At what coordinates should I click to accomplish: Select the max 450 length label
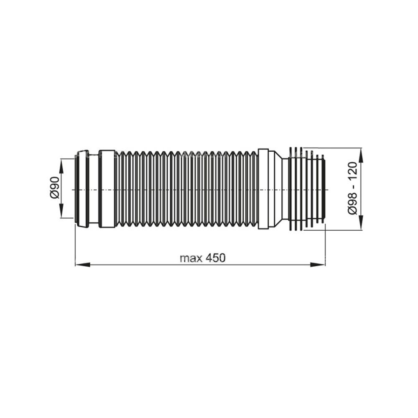pyautogui.click(x=202, y=257)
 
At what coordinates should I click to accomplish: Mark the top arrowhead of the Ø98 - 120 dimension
pyautogui.click(x=361, y=154)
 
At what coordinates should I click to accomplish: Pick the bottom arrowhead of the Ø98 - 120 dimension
pyautogui.click(x=361, y=224)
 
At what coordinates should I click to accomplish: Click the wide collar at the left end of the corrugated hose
pyautogui.click(x=107, y=189)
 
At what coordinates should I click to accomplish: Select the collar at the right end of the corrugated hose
pyautogui.click(x=263, y=189)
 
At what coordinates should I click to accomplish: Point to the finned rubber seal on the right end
pyautogui.click(x=307, y=189)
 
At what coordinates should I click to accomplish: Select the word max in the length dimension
pyautogui.click(x=189, y=258)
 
